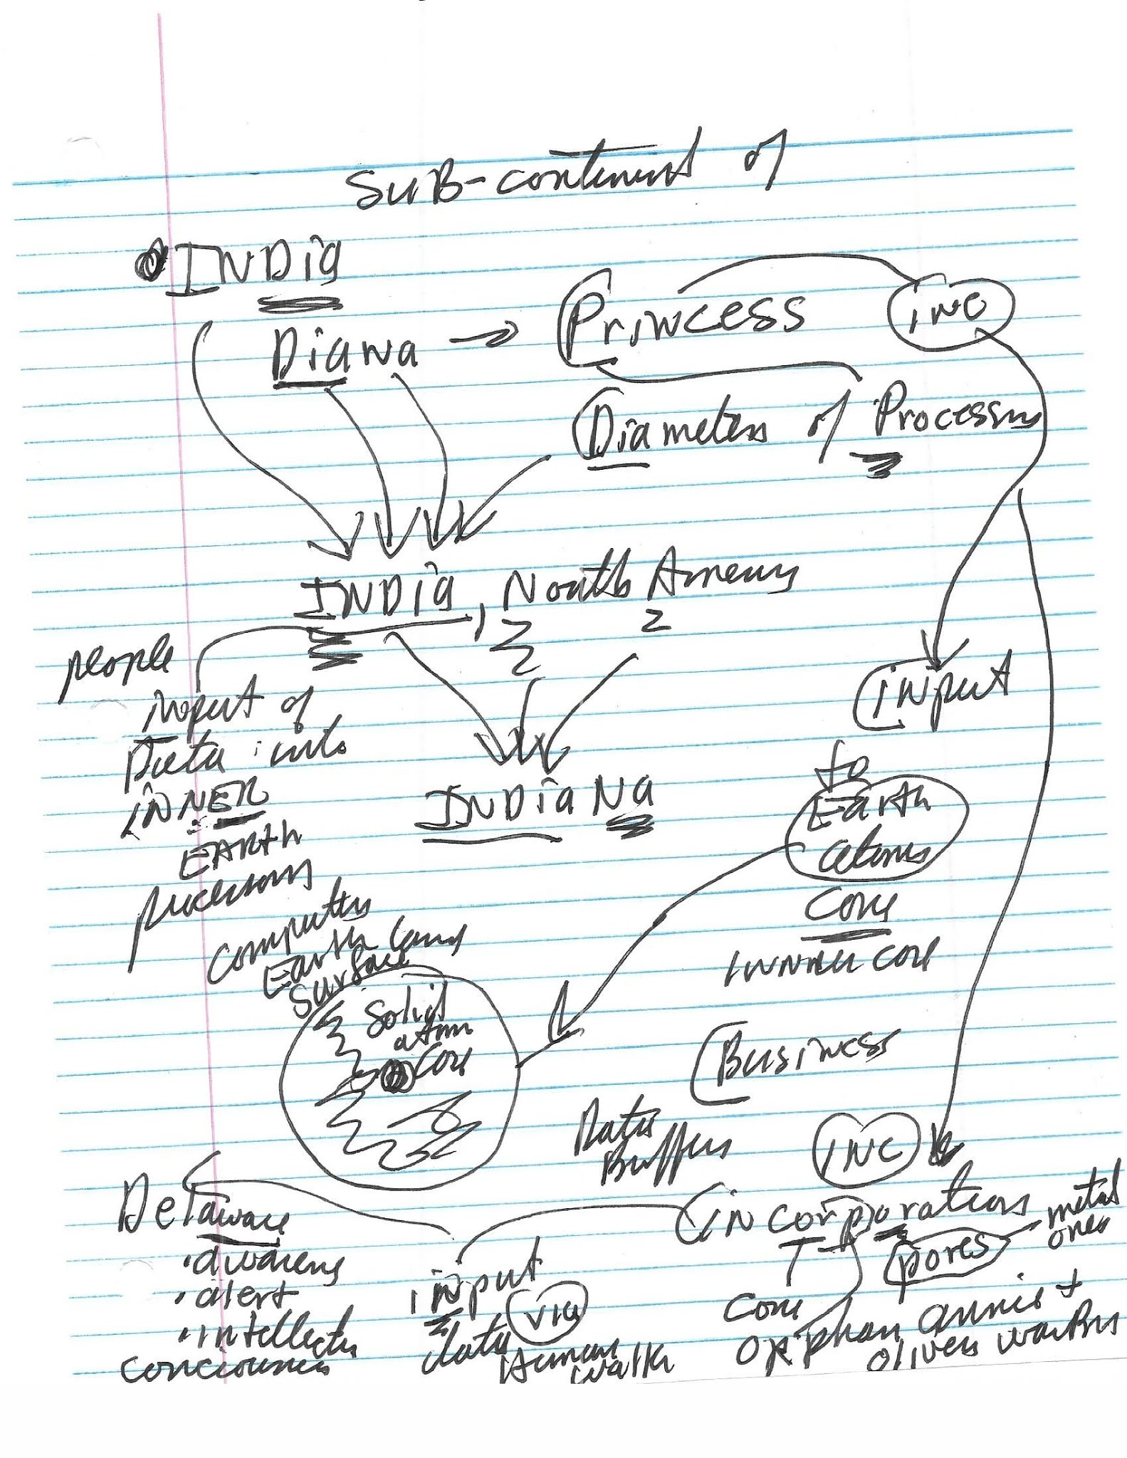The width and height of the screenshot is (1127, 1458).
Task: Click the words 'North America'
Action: tap(644, 584)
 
